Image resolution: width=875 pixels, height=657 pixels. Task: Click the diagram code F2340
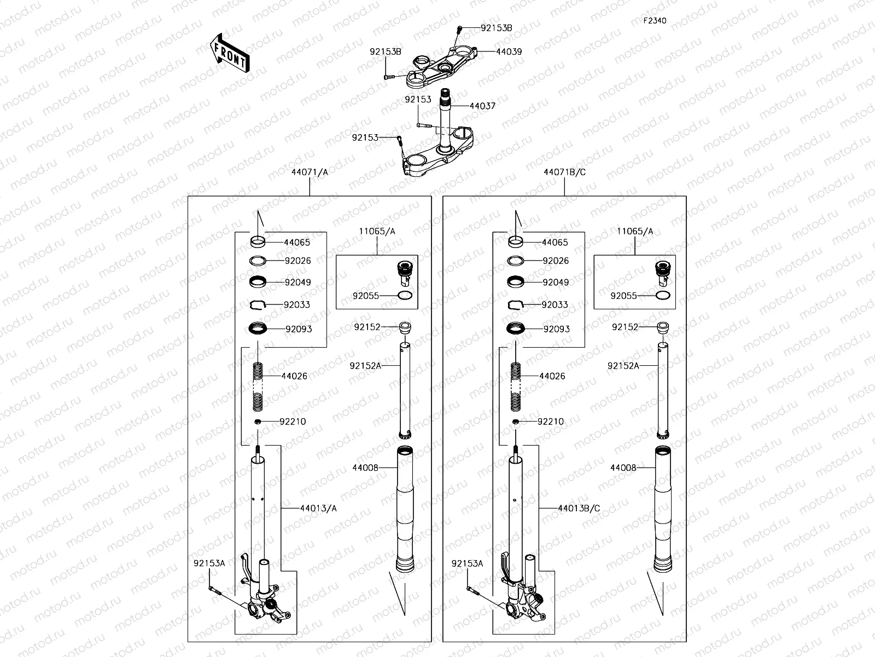coord(655,21)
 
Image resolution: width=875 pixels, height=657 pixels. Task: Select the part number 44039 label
coord(509,51)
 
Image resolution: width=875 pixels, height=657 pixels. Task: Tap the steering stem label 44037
coord(482,106)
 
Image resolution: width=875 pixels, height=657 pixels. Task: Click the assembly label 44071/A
coord(310,172)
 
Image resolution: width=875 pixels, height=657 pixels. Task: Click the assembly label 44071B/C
coord(564,172)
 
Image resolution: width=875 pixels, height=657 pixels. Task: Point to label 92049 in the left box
coord(297,283)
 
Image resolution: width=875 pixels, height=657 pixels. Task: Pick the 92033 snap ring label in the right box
coord(555,304)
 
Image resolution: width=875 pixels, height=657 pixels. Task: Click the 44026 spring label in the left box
coord(294,376)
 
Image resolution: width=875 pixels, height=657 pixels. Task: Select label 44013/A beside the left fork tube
coord(318,508)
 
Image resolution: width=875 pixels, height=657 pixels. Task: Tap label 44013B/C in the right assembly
coord(579,508)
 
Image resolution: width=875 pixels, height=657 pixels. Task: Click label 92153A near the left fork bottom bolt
coord(209,563)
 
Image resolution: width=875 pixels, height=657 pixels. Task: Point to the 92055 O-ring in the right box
coord(663,296)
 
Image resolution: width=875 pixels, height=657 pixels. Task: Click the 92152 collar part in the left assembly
coord(404,328)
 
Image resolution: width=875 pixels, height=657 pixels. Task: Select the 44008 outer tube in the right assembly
coord(663,509)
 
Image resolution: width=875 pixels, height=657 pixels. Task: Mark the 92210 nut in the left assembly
coord(258,422)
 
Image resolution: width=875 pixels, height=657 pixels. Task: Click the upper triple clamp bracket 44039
coord(443,68)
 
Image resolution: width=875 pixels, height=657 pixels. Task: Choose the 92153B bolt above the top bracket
coord(460,27)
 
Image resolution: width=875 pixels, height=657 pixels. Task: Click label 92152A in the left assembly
coord(365,365)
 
